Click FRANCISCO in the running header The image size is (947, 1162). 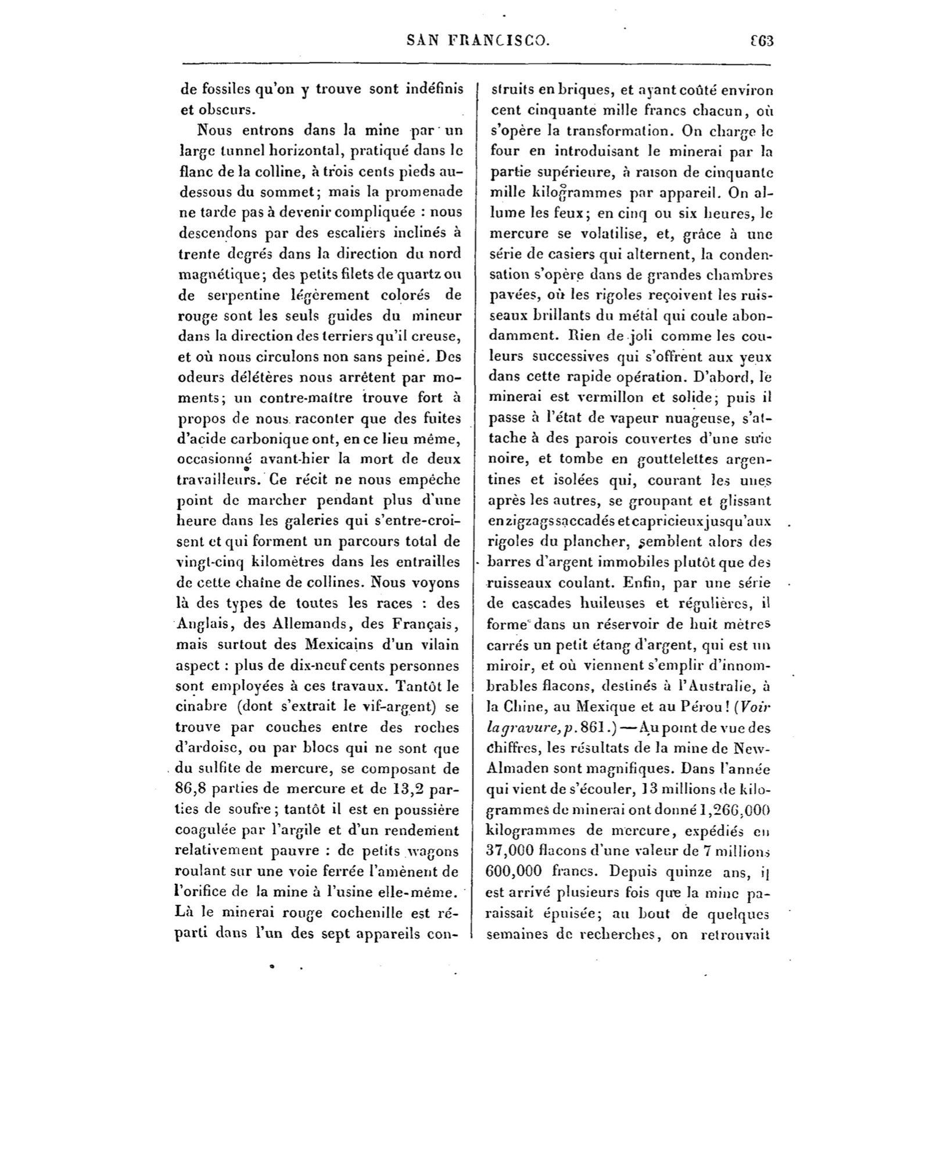[x=498, y=40]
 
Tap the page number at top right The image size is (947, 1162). [x=763, y=40]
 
